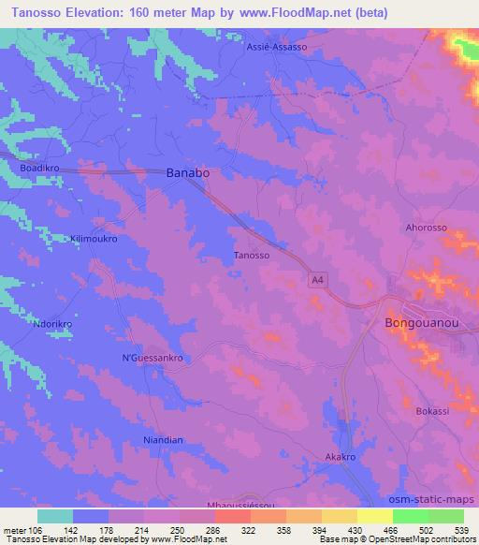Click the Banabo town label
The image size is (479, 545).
(187, 173)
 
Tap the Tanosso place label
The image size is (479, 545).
(252, 255)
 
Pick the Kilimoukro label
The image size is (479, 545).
(94, 239)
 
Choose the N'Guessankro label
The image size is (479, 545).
(152, 358)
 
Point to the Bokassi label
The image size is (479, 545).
(433, 411)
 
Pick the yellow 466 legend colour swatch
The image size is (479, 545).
(375, 516)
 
